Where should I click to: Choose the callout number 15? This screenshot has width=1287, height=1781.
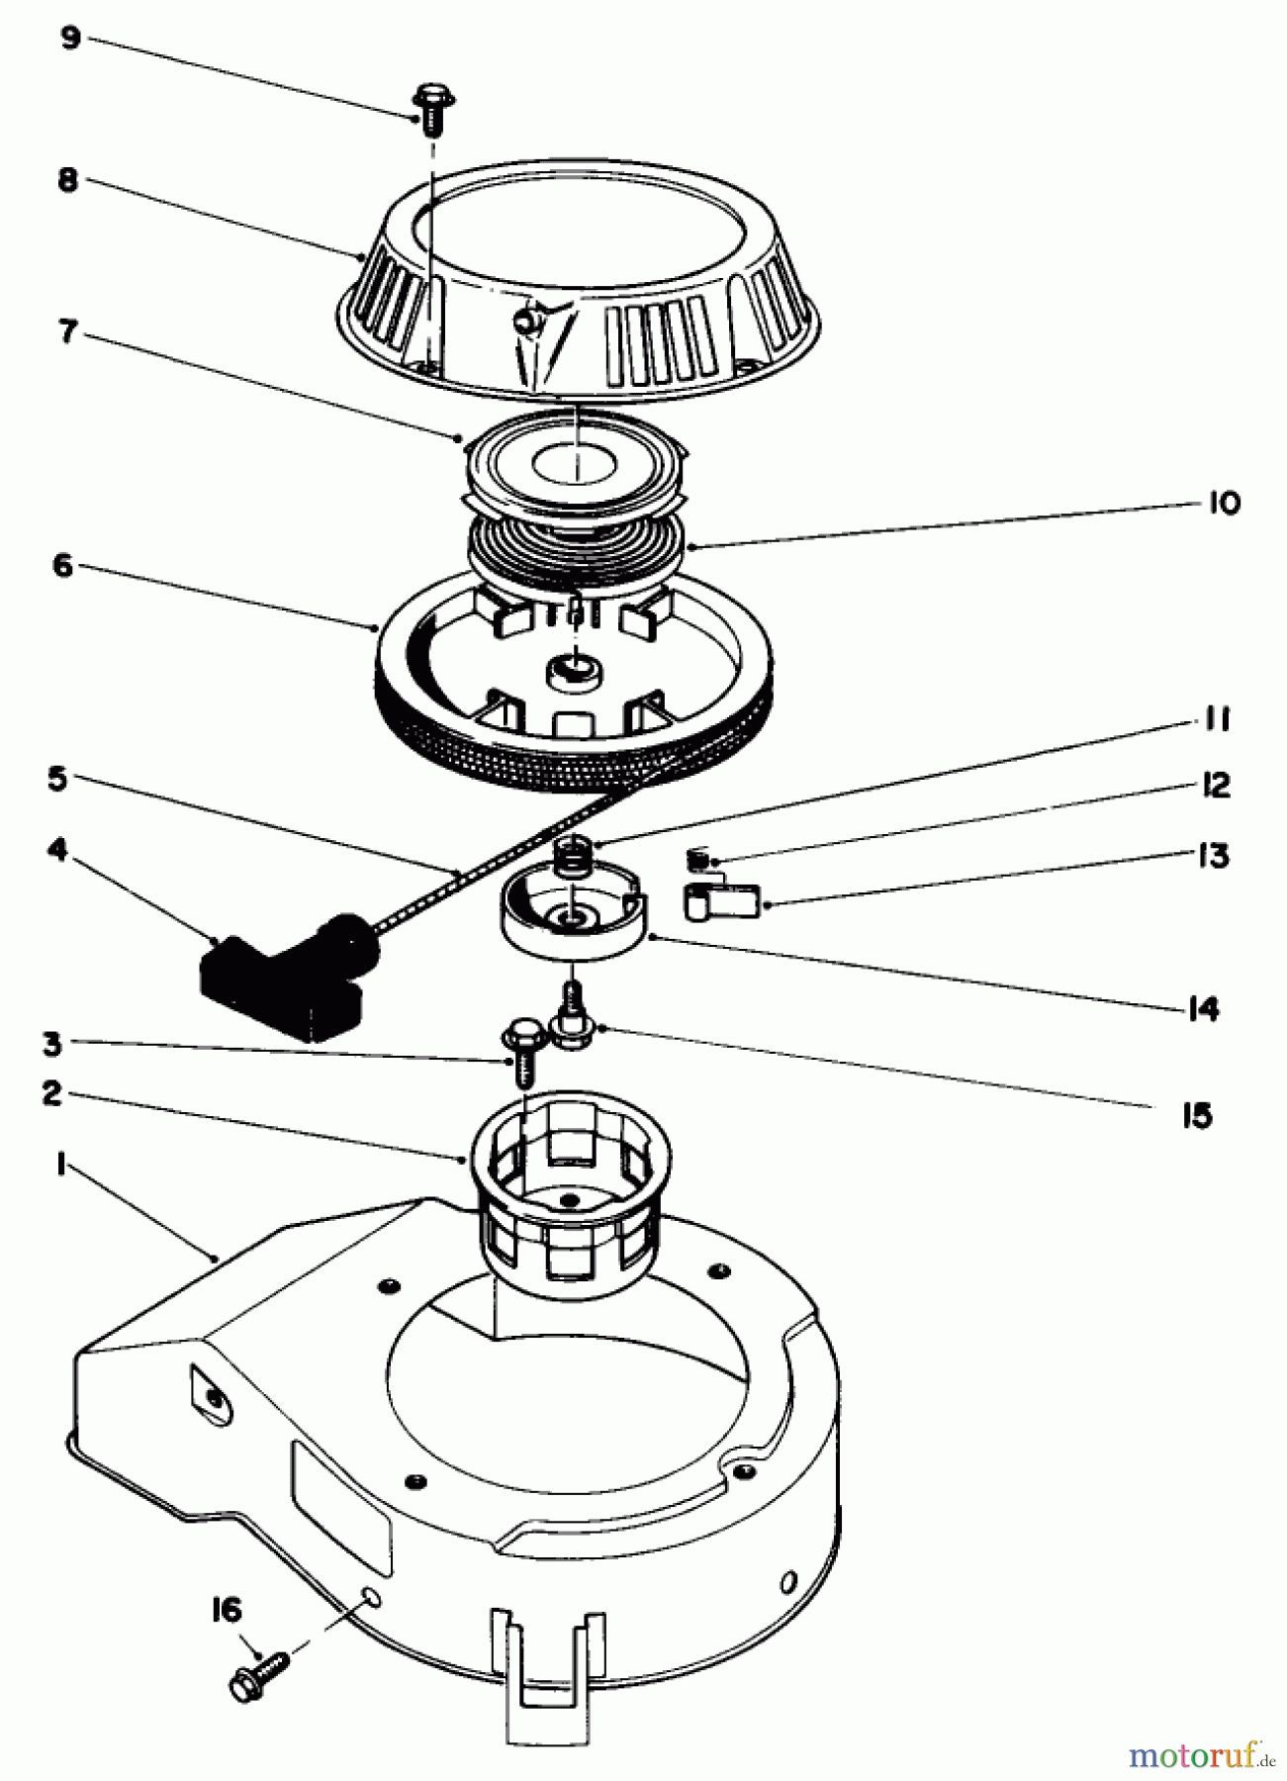(x=1196, y=1116)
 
